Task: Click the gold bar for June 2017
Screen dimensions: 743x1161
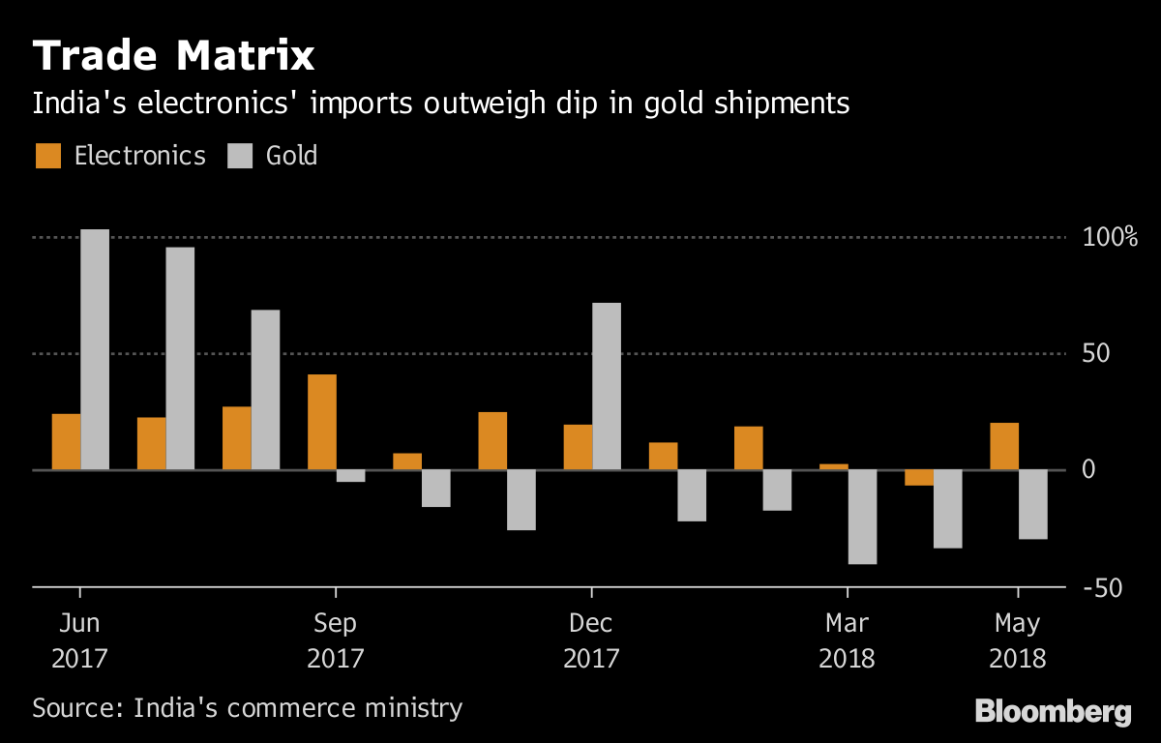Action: (95, 349)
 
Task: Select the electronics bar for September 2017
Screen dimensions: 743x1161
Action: (322, 422)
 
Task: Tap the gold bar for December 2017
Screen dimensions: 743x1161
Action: (607, 386)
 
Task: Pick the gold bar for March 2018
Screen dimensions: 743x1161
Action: (862, 517)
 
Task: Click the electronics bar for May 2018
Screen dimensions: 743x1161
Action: (1004, 446)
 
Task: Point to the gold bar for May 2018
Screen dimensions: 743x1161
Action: (1033, 504)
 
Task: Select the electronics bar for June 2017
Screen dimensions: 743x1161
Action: (67, 441)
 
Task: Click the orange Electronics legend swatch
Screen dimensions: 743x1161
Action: (48, 156)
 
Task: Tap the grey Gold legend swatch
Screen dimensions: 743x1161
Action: (240, 156)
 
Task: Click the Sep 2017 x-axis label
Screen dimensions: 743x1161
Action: (335, 639)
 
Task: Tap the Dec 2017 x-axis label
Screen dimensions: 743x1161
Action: (591, 639)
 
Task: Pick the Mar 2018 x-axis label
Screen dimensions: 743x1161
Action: (847, 639)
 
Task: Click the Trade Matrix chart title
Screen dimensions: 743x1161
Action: (174, 56)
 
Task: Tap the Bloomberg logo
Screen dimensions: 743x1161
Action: (1053, 713)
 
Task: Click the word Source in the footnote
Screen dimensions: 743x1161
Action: (74, 707)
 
